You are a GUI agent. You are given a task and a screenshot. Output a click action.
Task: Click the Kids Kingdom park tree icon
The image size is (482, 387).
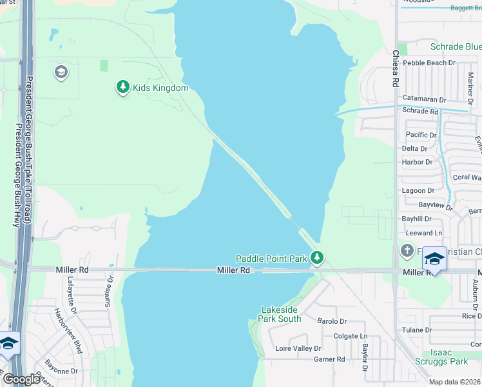tap(122, 87)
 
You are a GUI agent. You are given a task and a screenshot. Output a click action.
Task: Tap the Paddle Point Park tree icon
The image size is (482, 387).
tap(316, 258)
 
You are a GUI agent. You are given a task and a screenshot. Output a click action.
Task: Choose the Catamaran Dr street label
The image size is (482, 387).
tap(424, 99)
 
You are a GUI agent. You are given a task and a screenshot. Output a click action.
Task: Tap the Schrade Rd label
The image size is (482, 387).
tap(419, 110)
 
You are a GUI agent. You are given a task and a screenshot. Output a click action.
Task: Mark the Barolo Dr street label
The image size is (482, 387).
tap(332, 321)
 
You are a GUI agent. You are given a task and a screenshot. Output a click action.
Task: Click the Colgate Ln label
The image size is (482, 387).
tap(350, 336)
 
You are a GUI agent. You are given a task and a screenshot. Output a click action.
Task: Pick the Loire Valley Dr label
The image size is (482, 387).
tap(298, 348)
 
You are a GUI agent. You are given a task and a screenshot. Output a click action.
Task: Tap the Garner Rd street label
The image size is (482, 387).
tap(329, 359)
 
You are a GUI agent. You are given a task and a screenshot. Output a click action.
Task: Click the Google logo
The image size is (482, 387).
tap(21, 379)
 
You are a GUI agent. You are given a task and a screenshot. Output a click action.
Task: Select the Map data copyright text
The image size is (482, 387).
tap(455, 382)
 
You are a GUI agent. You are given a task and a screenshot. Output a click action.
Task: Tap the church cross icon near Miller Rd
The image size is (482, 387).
tap(407, 250)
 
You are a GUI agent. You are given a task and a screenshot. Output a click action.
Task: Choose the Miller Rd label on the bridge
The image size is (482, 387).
tap(233, 270)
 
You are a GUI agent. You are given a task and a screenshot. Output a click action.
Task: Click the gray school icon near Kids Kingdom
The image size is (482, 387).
tap(61, 72)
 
